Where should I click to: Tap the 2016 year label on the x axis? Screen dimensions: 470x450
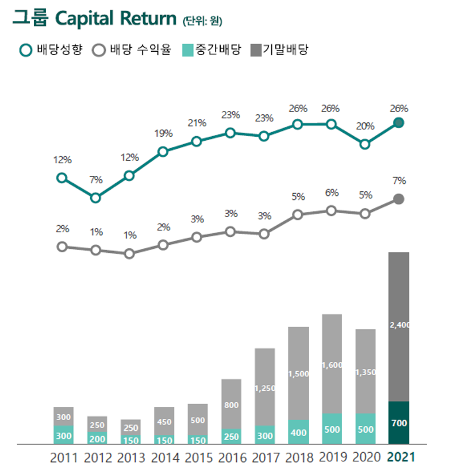pyautogui.click(x=232, y=458)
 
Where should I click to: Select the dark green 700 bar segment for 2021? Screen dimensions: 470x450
pyautogui.click(x=399, y=423)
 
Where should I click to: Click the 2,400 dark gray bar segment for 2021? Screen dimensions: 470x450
pyautogui.click(x=399, y=326)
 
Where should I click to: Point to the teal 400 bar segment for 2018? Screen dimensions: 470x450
pyautogui.click(x=298, y=432)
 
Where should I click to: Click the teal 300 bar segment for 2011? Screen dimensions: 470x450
pyautogui.click(x=64, y=435)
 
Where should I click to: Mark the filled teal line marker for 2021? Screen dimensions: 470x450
pyautogui.click(x=399, y=122)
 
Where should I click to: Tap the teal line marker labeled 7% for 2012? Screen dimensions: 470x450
pyautogui.click(x=95, y=198)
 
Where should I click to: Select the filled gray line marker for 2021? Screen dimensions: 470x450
pyautogui.click(x=399, y=199)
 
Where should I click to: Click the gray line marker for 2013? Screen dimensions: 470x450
pyautogui.click(x=129, y=253)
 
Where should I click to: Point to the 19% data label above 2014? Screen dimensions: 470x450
pyautogui.click(x=163, y=133)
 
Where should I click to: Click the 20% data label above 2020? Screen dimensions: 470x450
pyautogui.click(x=365, y=126)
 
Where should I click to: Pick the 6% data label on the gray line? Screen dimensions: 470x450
pyautogui.click(x=332, y=192)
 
